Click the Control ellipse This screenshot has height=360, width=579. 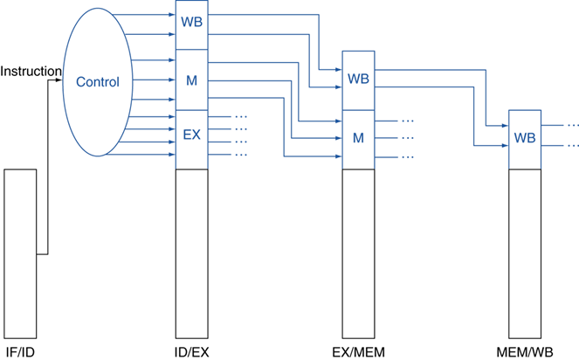96,81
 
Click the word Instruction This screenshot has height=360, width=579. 31,71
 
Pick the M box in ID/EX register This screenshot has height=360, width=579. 192,81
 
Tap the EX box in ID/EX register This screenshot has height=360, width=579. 192,135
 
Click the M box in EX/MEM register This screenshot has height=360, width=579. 358,138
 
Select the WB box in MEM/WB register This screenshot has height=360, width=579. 525,138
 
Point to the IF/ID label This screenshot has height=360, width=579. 20,352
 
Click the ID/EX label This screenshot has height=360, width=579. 191,352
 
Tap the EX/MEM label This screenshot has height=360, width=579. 358,352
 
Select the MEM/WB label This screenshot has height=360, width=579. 525,352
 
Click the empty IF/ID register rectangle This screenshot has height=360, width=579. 20,253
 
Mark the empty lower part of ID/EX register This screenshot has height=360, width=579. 192,253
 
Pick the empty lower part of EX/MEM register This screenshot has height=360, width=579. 358,253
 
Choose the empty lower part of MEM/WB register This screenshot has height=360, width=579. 525,253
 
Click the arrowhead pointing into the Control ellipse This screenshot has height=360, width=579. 59,80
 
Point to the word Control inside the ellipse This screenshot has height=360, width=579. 97,82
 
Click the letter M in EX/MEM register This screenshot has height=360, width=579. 358,138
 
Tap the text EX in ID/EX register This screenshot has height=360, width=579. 192,135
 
